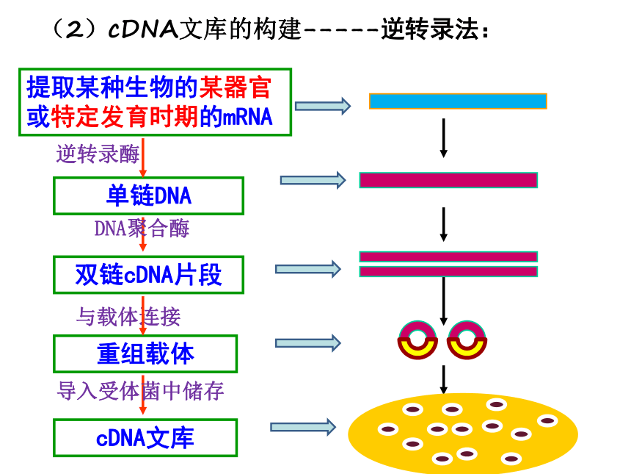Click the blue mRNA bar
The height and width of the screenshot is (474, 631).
click(458, 101)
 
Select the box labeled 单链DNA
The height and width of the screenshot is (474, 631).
click(148, 196)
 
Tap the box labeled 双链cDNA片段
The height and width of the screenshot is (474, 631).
click(148, 275)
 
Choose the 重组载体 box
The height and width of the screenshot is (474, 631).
click(145, 354)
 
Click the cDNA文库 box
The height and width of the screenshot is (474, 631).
click(145, 438)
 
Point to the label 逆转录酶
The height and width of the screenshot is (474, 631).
click(98, 154)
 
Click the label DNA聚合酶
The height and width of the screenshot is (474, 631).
click(142, 229)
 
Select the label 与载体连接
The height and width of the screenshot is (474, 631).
click(128, 317)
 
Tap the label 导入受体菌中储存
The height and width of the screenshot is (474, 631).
click(140, 391)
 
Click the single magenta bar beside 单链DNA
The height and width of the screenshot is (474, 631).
click(448, 180)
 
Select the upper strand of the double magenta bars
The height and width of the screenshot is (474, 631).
click(448, 256)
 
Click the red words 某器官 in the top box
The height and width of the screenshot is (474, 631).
click(236, 87)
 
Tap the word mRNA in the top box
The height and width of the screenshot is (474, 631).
click(247, 118)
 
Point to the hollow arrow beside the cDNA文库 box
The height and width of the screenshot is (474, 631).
click(303, 427)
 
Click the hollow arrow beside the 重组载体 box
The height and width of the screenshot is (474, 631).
click(308, 343)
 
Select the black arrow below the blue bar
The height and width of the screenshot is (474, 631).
click(443, 138)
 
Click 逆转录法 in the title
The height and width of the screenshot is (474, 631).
click(430, 29)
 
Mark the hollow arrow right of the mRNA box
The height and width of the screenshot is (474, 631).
click(323, 106)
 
